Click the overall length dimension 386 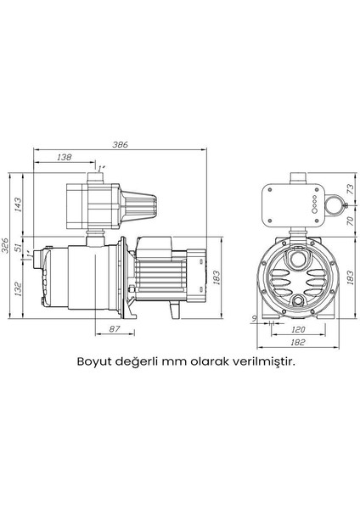pyautogui.click(x=121, y=146)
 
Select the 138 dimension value pyautogui.click(x=63, y=158)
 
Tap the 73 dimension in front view pyautogui.click(x=351, y=188)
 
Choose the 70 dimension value pyautogui.click(x=351, y=221)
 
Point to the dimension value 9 pyautogui.click(x=256, y=318)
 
